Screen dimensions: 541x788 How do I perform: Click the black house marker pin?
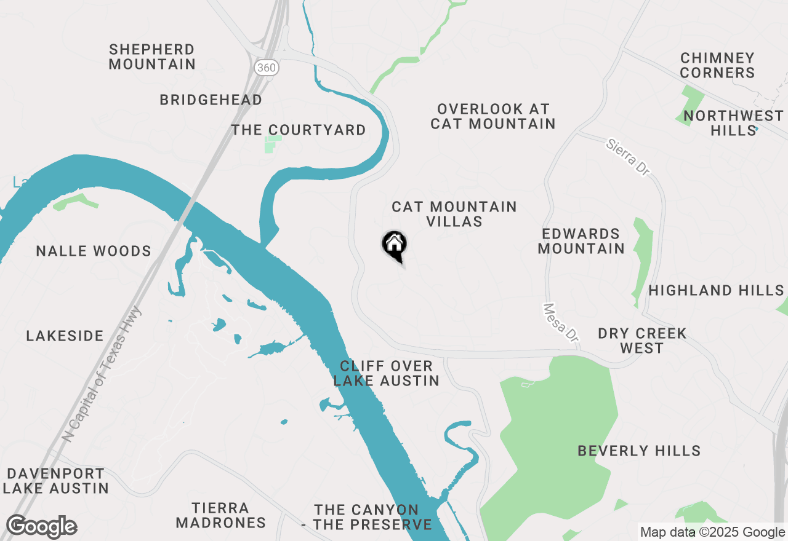click(x=395, y=245)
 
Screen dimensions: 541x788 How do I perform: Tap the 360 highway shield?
click(x=267, y=67)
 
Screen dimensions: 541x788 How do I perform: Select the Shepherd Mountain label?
click(x=152, y=57)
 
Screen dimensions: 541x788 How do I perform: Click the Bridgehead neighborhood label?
click(x=211, y=100)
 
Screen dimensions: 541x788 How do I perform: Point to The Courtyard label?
click(x=299, y=130)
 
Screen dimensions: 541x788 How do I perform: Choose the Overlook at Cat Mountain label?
click(x=493, y=116)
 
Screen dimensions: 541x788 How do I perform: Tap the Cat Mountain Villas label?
click(x=454, y=214)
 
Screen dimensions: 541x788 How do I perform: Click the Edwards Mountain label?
click(x=581, y=241)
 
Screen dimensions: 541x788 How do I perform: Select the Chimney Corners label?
click(x=717, y=65)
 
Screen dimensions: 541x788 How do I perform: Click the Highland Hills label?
click(x=716, y=290)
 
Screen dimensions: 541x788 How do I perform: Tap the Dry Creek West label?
click(x=642, y=341)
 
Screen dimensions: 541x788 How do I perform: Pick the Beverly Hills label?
click(x=639, y=451)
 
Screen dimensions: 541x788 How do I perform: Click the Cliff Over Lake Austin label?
click(x=387, y=373)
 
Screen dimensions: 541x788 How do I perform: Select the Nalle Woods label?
click(x=94, y=251)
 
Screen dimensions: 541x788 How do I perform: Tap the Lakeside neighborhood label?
click(x=65, y=336)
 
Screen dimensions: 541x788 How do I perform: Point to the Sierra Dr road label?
click(x=627, y=157)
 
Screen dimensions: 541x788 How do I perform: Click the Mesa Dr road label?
click(x=561, y=323)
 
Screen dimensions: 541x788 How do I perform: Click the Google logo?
click(x=41, y=527)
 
